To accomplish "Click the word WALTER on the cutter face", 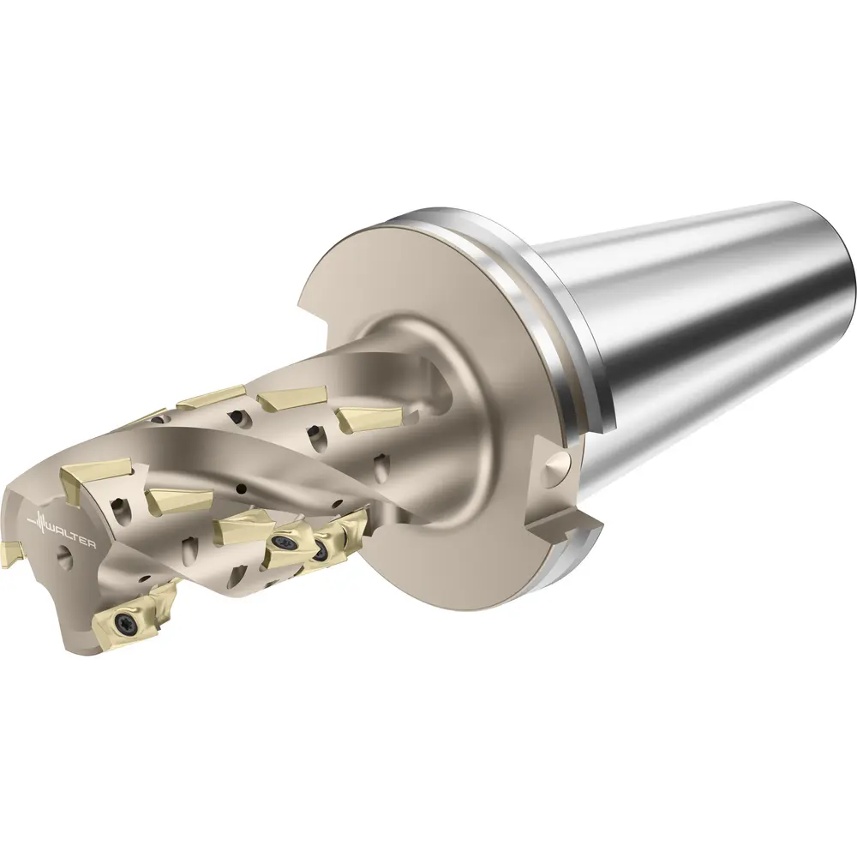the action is click(70, 536).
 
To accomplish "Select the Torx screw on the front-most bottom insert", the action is click(122, 620).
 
